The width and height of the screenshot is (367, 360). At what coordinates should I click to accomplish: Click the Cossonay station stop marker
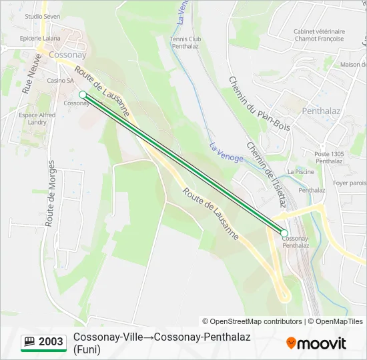point(83,95)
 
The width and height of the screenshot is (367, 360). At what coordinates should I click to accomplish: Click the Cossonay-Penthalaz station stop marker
point(284,233)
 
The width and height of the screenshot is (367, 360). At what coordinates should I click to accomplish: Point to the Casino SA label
point(60,81)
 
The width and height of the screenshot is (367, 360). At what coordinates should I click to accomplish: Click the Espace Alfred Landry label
point(37,119)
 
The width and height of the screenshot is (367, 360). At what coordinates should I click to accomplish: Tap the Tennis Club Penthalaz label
point(186,43)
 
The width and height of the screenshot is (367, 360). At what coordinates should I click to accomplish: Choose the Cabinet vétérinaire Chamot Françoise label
point(319,35)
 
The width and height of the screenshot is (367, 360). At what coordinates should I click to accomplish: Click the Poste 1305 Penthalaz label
point(329,157)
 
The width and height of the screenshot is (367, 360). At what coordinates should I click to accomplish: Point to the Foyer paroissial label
point(350,183)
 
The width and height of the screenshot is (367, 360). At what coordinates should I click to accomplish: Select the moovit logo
point(316,343)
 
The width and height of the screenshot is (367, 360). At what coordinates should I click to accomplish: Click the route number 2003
point(51,342)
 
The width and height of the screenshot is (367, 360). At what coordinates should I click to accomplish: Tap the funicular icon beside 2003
point(29,342)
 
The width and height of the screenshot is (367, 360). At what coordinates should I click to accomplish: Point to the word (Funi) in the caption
point(87,349)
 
